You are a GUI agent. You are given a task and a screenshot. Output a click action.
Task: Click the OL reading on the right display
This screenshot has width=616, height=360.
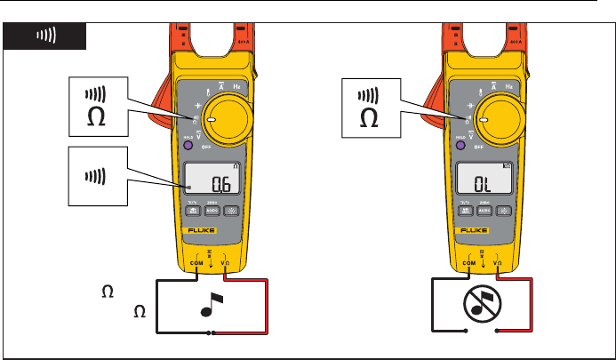point(481,184)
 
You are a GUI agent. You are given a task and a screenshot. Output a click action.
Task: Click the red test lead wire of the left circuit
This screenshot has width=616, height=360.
point(267,307)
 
